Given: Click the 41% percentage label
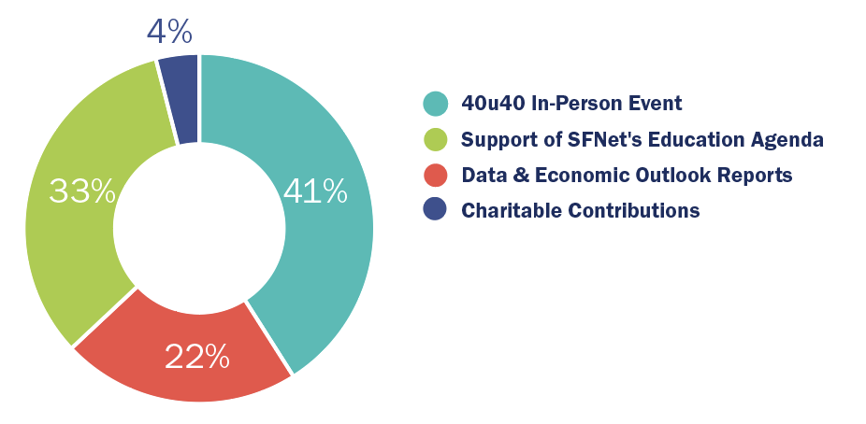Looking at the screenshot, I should pyautogui.click(x=315, y=192).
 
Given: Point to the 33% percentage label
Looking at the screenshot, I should pyautogui.click(x=82, y=192).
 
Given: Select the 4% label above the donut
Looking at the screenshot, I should pyautogui.click(x=169, y=33).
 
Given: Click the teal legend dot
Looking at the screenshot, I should pyautogui.click(x=435, y=103).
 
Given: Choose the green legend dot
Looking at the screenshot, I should pyautogui.click(x=435, y=139).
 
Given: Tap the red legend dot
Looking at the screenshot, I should pyautogui.click(x=435, y=175).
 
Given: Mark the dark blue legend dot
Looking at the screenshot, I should pyautogui.click(x=435, y=210).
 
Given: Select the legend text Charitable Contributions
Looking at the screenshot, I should pyautogui.click(x=580, y=210).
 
